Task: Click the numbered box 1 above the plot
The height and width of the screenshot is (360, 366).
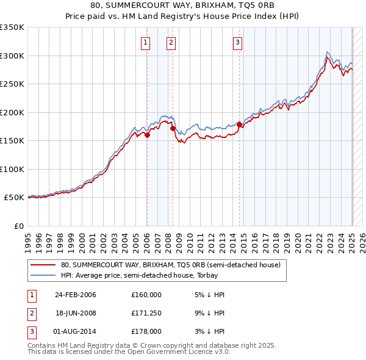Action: click(146, 43)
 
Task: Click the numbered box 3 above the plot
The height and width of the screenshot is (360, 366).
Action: click(237, 43)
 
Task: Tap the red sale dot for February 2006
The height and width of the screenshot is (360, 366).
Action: click(147, 135)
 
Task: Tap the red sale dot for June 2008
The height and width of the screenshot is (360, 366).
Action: click(173, 129)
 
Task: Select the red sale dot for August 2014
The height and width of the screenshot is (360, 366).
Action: click(239, 125)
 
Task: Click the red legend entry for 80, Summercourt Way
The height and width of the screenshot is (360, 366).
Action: click(170, 265)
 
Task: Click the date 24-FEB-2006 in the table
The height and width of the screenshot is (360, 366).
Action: click(76, 295)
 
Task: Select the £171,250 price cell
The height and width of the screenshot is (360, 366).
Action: click(146, 313)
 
